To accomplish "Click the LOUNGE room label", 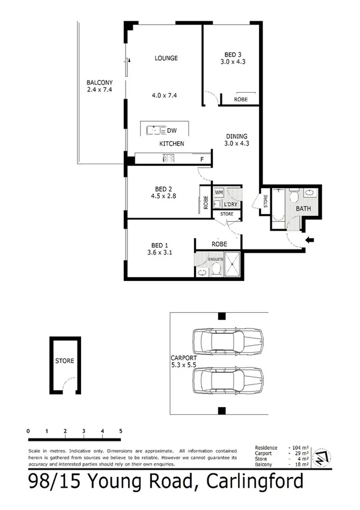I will tap(166, 58).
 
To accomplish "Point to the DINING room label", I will tap(236, 137).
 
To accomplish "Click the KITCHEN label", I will tap(171, 144).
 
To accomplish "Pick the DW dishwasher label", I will tap(171, 130).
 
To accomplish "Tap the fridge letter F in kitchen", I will tap(202, 159).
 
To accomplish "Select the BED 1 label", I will tap(159, 245).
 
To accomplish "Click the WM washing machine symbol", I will tap(218, 192).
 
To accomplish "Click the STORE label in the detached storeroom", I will tap(64, 361).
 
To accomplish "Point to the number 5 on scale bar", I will tap(121, 431).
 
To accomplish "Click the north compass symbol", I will tap(323, 456).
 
